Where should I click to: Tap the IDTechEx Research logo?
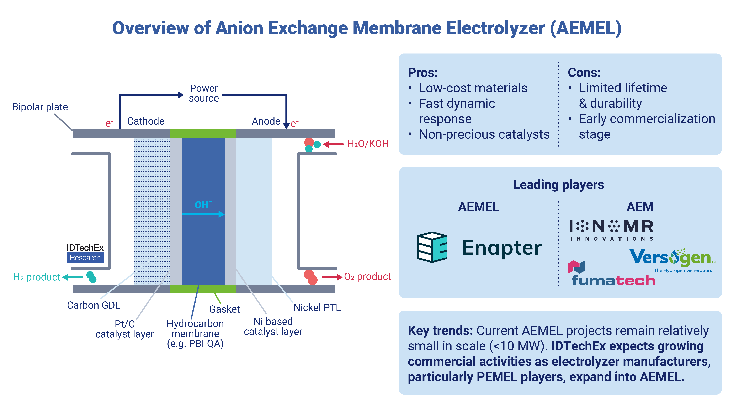(85, 253)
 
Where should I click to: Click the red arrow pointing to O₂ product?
(332, 277)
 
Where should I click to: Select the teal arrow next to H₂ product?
(73, 277)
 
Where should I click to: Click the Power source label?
(204, 93)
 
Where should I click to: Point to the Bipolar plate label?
(40, 107)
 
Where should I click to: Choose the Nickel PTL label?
(317, 308)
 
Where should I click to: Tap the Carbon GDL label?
(94, 305)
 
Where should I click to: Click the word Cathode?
(146, 121)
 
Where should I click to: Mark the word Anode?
(266, 121)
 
